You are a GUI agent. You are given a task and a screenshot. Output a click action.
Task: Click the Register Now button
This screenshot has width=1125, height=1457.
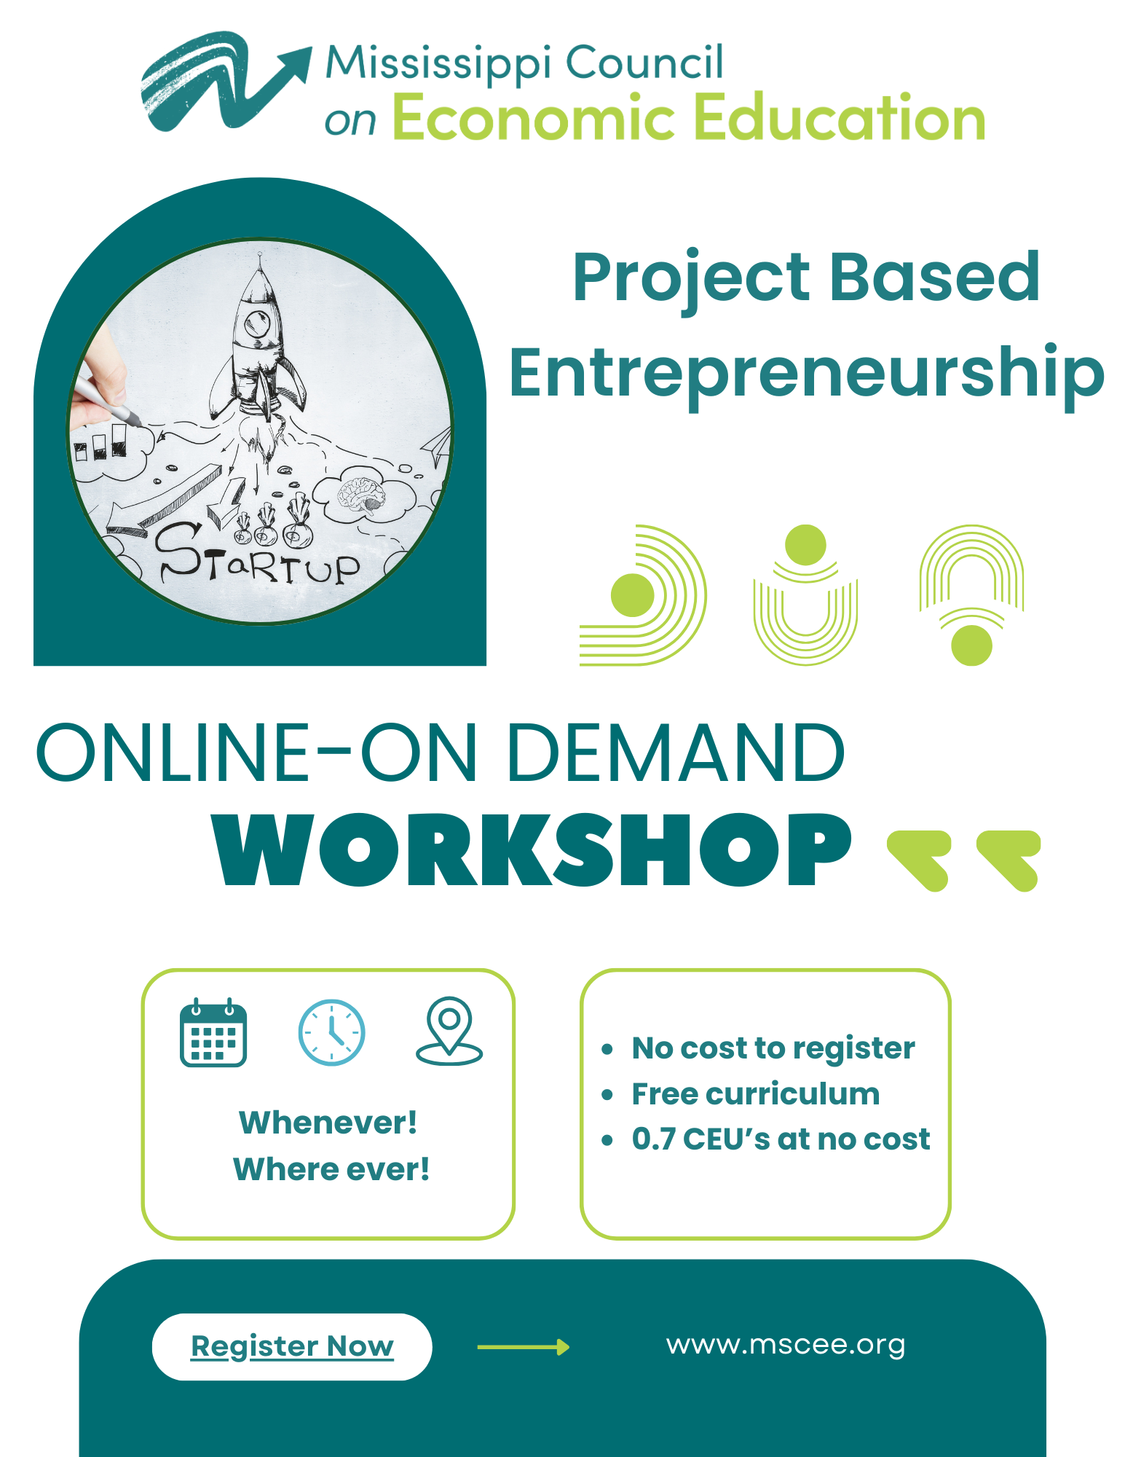click(291, 1346)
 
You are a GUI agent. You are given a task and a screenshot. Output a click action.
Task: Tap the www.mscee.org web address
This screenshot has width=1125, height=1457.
click(785, 1345)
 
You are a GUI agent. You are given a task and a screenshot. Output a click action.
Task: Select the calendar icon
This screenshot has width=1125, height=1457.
click(213, 1032)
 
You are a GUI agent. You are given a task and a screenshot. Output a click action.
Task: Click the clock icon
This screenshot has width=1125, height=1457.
click(331, 1032)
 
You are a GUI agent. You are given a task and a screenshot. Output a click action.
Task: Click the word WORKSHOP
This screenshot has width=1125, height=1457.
click(532, 850)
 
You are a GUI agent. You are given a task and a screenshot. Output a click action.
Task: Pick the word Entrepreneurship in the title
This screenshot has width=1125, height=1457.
click(806, 373)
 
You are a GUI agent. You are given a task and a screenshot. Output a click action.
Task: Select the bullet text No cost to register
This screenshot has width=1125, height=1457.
click(773, 1048)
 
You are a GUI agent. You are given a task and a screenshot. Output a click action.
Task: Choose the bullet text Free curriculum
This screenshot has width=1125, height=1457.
click(755, 1094)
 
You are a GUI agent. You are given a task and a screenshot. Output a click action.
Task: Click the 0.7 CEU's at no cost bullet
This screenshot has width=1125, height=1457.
click(780, 1139)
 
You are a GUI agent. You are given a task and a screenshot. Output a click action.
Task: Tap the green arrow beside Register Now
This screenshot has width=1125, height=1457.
click(523, 1347)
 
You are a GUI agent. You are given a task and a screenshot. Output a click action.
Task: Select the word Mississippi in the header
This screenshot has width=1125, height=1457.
click(438, 63)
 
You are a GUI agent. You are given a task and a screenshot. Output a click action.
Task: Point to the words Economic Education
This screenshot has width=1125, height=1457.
click(688, 118)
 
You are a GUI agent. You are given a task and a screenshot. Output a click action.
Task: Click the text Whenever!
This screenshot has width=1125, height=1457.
click(328, 1123)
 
